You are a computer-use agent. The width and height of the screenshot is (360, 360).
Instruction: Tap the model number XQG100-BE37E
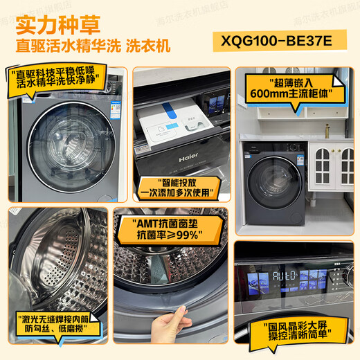click(x=283, y=41)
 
